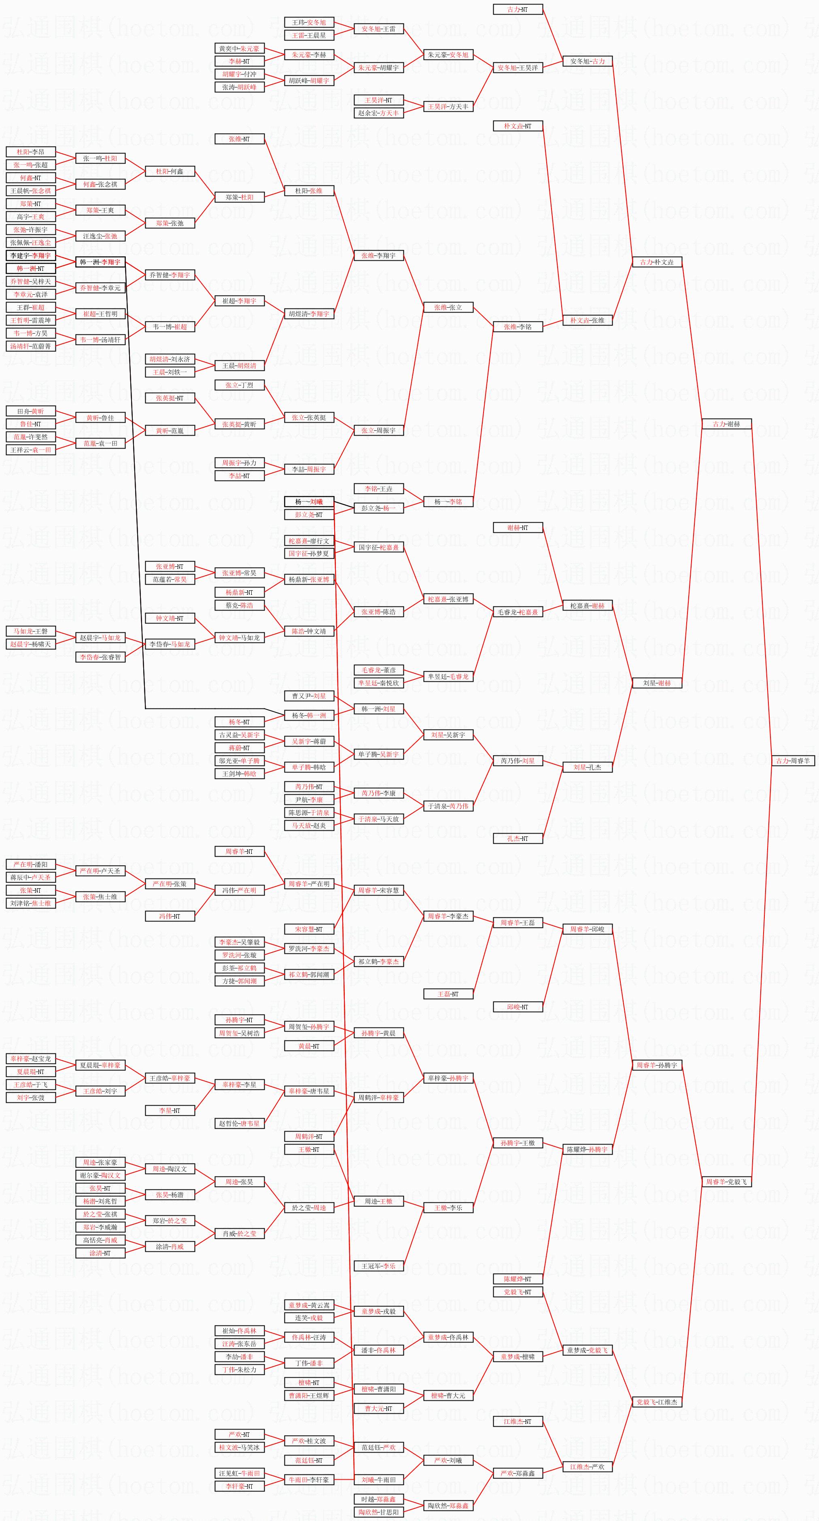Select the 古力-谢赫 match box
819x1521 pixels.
pyautogui.click(x=726, y=424)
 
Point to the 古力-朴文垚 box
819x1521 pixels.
pyautogui.click(x=657, y=262)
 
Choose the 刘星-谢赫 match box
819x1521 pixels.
pyautogui.click(x=657, y=683)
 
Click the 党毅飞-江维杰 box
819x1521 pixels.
pyautogui.click(x=657, y=1402)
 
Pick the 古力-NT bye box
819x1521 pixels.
pyautogui.click(x=518, y=9)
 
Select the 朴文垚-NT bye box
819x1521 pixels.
pyautogui.click(x=518, y=126)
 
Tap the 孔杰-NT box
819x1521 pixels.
pyautogui.click(x=518, y=838)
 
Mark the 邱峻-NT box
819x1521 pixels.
pyautogui.click(x=518, y=1007)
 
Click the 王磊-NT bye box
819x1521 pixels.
pyautogui.click(x=448, y=994)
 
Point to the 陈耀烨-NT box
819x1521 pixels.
pyautogui.click(x=518, y=1279)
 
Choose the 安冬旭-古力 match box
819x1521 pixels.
pyautogui.click(x=587, y=61)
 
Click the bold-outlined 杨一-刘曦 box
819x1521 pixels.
pyautogui.click(x=309, y=502)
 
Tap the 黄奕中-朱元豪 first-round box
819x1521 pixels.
pyautogui.click(x=239, y=49)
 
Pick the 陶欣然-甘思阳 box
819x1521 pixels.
pyautogui.click(x=378, y=1512)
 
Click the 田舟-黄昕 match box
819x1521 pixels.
pyautogui.click(x=31, y=411)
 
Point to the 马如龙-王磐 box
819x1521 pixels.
pyautogui.click(x=31, y=631)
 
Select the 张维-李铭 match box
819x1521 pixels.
pyautogui.click(x=518, y=327)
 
